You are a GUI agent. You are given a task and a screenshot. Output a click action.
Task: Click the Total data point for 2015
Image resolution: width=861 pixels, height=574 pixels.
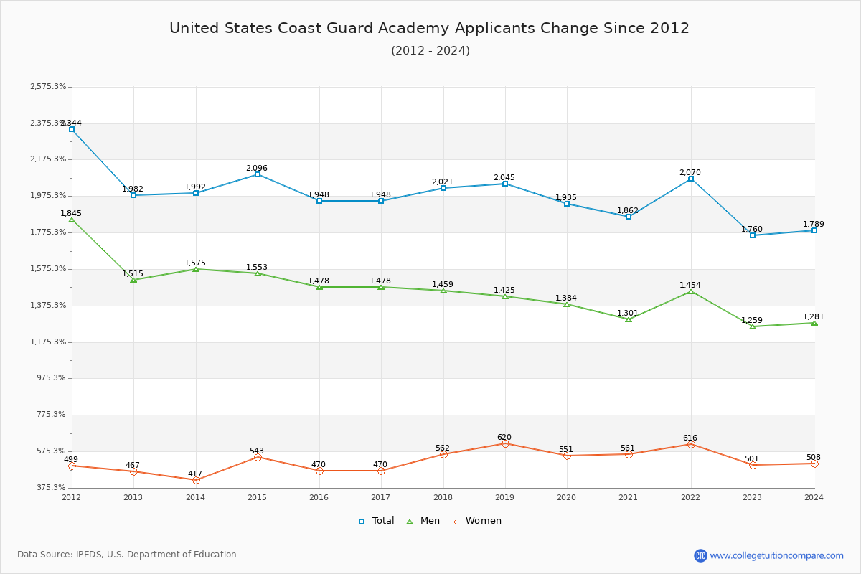point(257,174)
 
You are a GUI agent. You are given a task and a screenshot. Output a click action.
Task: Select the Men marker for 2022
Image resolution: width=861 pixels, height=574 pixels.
point(691,291)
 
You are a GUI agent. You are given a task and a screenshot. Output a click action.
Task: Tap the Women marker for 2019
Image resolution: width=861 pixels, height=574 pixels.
point(505,443)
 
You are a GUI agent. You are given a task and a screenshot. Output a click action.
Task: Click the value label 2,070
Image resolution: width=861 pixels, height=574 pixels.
point(690,172)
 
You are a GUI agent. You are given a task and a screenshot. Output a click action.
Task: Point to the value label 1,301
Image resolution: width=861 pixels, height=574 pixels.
point(629,313)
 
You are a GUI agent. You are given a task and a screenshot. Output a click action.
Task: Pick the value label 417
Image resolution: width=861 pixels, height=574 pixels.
point(195,474)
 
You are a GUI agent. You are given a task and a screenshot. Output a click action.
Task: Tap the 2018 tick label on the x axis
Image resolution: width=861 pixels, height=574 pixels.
point(443,497)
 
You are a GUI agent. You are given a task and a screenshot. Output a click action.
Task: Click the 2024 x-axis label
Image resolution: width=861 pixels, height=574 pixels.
point(814,497)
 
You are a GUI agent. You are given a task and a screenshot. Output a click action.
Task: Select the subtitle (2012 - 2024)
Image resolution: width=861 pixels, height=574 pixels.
point(430,50)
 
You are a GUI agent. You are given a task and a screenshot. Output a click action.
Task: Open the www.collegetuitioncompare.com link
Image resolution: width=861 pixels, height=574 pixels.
point(776,555)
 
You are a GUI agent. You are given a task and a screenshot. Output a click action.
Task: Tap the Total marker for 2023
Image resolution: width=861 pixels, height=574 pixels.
point(753,235)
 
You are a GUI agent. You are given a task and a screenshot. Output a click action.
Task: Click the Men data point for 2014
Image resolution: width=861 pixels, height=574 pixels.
point(195,269)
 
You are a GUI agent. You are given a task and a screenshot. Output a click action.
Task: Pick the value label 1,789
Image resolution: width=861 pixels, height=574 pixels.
point(814,224)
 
